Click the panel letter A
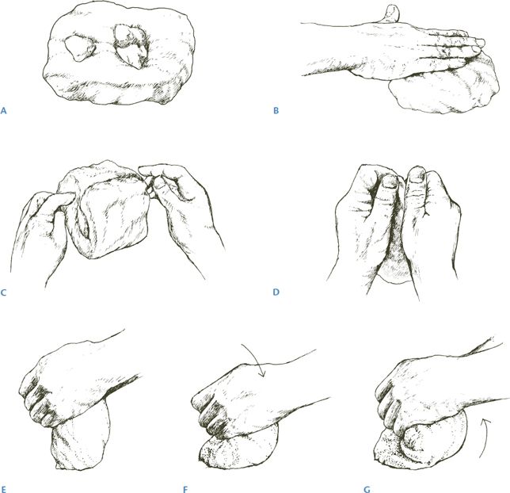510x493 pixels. pos(4,111)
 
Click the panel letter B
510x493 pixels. pos(276,111)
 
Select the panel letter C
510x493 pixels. pos(4,292)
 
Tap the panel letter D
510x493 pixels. pos(276,292)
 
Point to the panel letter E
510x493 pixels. pos(4,489)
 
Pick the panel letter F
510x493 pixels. pos(185,489)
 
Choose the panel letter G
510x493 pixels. pos(367,489)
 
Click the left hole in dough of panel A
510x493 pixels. pos(80,48)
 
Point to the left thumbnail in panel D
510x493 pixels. pos(390,181)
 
